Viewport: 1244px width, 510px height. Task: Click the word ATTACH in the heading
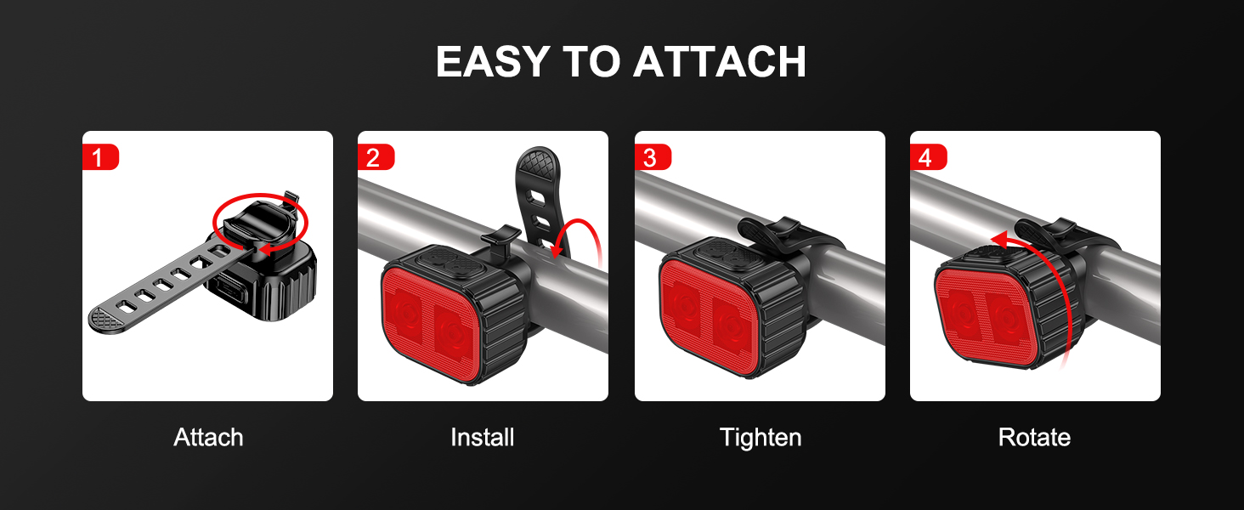pos(720,61)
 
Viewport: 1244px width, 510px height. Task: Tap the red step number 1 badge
pos(100,157)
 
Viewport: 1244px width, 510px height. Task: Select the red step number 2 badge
pos(376,157)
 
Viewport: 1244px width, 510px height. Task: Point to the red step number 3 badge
pos(653,157)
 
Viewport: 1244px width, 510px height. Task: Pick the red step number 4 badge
pos(928,157)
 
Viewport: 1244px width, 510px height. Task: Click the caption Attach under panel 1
pos(208,437)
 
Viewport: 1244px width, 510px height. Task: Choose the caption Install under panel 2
pos(482,437)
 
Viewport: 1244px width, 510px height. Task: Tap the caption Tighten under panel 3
pos(761,438)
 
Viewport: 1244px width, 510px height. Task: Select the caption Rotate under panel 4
pos(1034,437)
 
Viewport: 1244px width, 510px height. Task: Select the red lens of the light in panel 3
pos(712,317)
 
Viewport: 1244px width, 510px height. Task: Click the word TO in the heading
pos(591,61)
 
